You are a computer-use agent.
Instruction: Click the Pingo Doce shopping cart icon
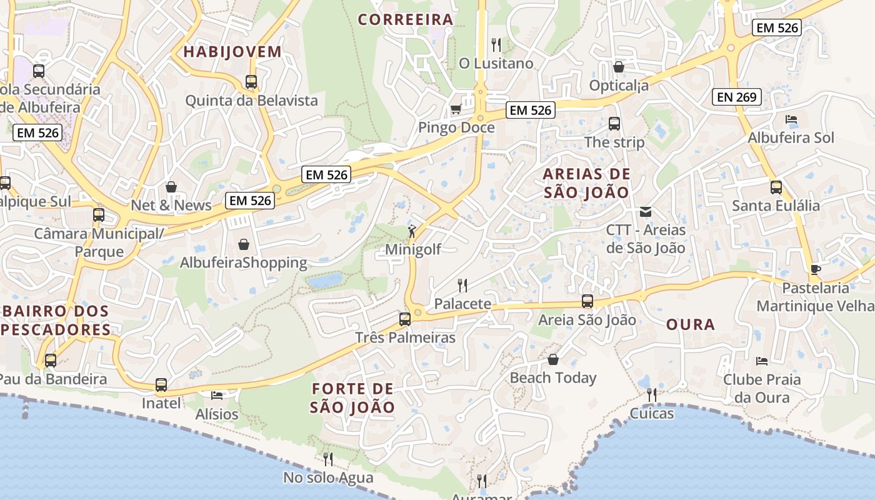click(456, 109)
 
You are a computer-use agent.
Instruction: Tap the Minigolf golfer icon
click(412, 232)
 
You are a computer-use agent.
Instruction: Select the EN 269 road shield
click(737, 97)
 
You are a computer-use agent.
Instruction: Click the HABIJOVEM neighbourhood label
click(232, 52)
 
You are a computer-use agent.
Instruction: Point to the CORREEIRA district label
click(406, 19)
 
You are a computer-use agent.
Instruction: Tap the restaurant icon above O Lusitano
click(496, 45)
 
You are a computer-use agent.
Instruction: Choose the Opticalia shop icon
click(619, 67)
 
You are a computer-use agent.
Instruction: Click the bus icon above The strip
click(614, 124)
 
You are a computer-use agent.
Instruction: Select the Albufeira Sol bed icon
click(791, 119)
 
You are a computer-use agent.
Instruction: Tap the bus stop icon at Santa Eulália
click(776, 187)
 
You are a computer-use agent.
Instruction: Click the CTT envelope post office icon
click(646, 212)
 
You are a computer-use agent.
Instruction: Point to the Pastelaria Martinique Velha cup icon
click(815, 269)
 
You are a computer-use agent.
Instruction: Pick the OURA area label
click(691, 324)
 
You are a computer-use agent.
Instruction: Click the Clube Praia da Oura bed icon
click(761, 361)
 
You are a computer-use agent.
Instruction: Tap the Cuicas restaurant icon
click(652, 395)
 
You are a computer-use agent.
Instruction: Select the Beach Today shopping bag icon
click(553, 359)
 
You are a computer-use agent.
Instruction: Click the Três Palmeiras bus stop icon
click(405, 319)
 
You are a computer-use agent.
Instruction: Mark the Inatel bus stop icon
click(161, 385)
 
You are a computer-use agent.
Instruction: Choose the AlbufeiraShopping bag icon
click(244, 244)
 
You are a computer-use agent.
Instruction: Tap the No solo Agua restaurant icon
click(328, 459)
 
